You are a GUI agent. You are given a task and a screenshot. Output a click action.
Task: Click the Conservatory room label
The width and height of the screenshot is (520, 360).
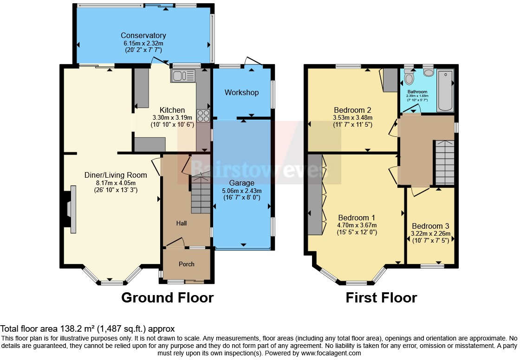point(143,36)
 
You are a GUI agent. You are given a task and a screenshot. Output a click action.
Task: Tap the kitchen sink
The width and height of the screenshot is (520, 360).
point(184,76)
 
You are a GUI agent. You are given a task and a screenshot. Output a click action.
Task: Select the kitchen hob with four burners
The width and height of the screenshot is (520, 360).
point(203,116)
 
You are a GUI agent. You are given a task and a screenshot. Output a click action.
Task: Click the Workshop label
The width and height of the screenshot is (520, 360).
point(241,93)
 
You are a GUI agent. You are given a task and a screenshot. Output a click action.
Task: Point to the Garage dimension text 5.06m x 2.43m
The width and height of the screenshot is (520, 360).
point(241,190)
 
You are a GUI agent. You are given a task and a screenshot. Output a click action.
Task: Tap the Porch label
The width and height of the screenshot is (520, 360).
point(187,264)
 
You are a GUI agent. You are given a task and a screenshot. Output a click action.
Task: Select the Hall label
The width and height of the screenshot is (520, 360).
point(181,224)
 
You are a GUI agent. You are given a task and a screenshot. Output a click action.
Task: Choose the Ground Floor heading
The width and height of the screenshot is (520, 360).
point(167,297)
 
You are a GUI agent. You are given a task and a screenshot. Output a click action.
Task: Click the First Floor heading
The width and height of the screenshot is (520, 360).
point(381,297)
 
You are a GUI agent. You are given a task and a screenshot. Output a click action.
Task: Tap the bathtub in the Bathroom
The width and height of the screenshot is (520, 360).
point(445,90)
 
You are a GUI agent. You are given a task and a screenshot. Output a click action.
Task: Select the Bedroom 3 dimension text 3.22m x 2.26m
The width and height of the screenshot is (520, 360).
point(431,234)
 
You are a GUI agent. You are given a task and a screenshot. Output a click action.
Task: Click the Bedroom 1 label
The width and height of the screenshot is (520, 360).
point(357,218)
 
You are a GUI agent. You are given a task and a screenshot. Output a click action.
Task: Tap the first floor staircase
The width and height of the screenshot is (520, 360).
point(444,162)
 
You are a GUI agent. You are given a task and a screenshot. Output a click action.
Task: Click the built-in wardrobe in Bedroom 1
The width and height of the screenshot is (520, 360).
point(316,195)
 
